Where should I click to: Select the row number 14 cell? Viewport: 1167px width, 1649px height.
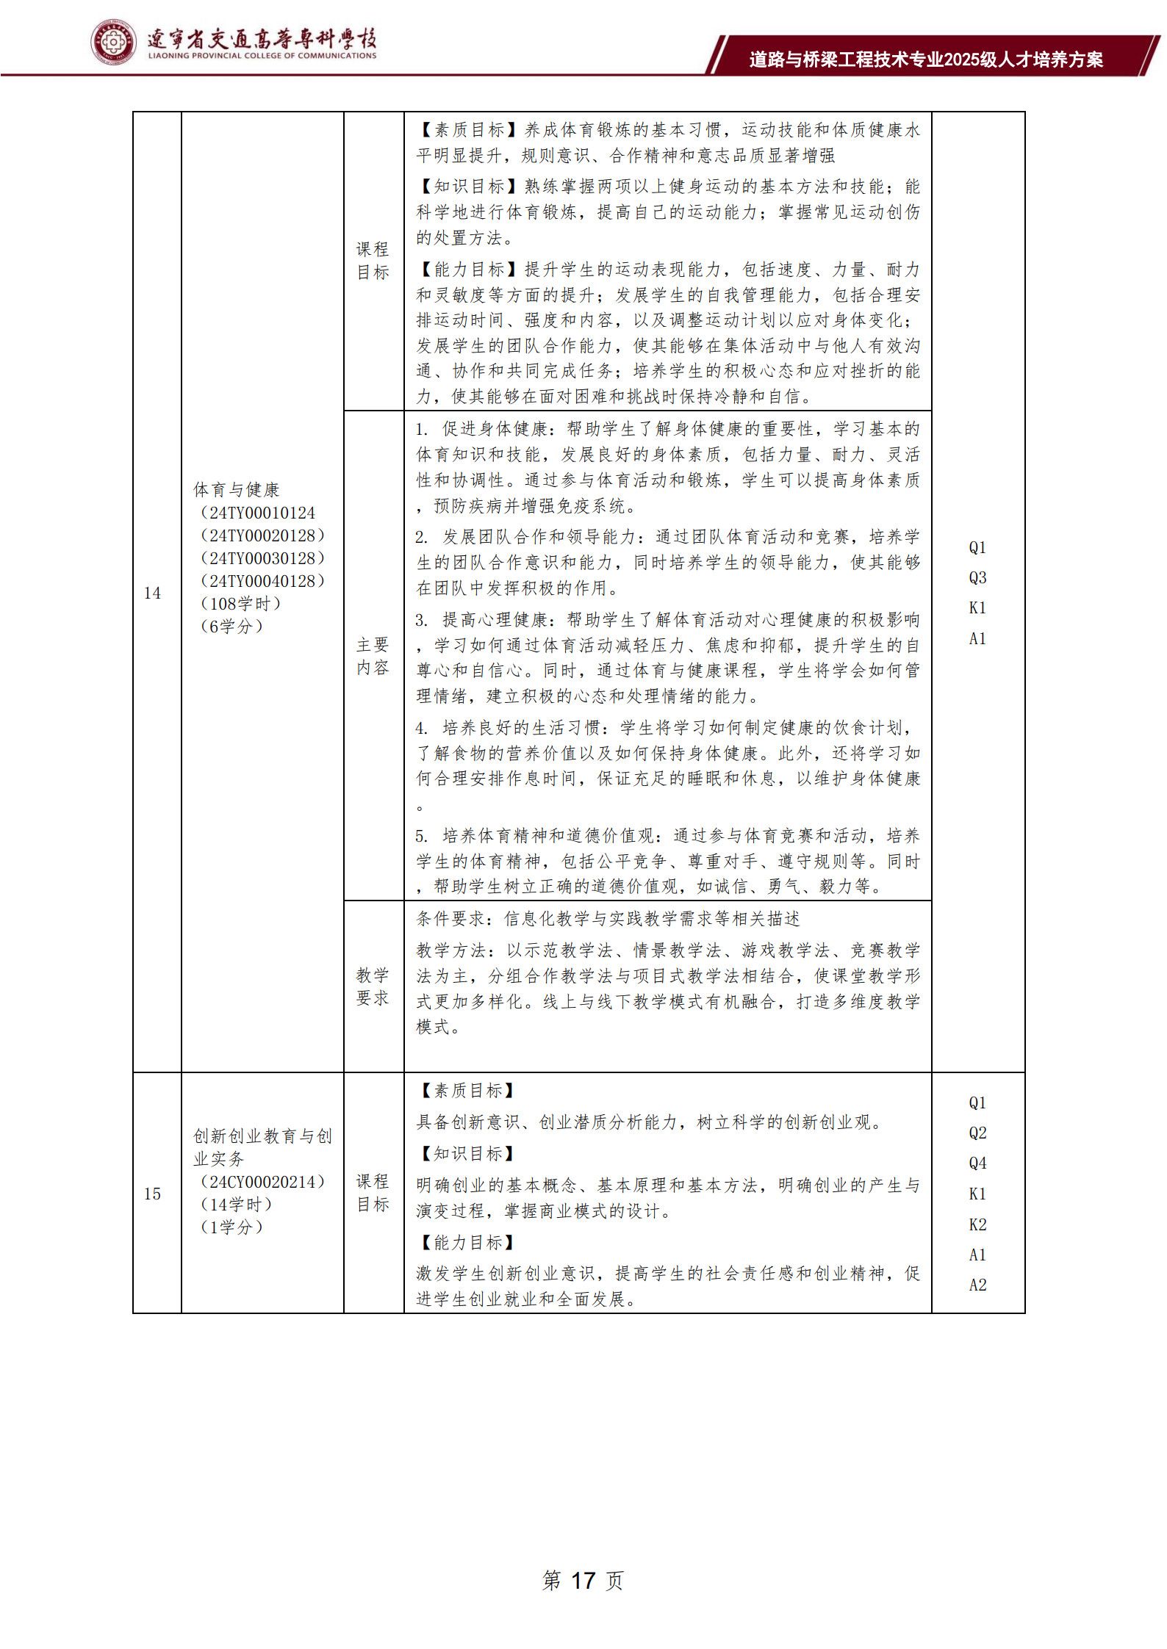pos(152,593)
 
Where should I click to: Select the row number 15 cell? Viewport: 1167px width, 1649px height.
pos(152,1194)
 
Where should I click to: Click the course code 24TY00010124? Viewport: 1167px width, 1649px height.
pos(262,513)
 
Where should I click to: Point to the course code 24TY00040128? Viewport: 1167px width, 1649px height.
pos(262,581)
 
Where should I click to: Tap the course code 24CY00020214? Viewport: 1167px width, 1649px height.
pos(262,1182)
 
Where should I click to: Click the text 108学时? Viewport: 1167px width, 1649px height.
pos(240,604)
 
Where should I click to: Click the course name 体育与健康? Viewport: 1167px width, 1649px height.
pos(237,489)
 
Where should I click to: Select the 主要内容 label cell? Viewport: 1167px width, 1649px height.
pos(373,656)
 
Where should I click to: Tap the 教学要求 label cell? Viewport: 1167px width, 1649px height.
pos(373,986)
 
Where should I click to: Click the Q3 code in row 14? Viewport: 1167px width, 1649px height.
pos(977,578)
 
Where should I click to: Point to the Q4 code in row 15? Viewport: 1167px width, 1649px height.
pos(977,1163)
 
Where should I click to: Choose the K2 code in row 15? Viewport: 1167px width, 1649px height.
pos(977,1224)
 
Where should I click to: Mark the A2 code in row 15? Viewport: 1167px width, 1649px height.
pos(977,1285)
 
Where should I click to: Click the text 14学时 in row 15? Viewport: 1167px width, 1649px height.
pos(236,1205)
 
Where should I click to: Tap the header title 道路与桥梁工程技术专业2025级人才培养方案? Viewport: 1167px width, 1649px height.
pos(926,59)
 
